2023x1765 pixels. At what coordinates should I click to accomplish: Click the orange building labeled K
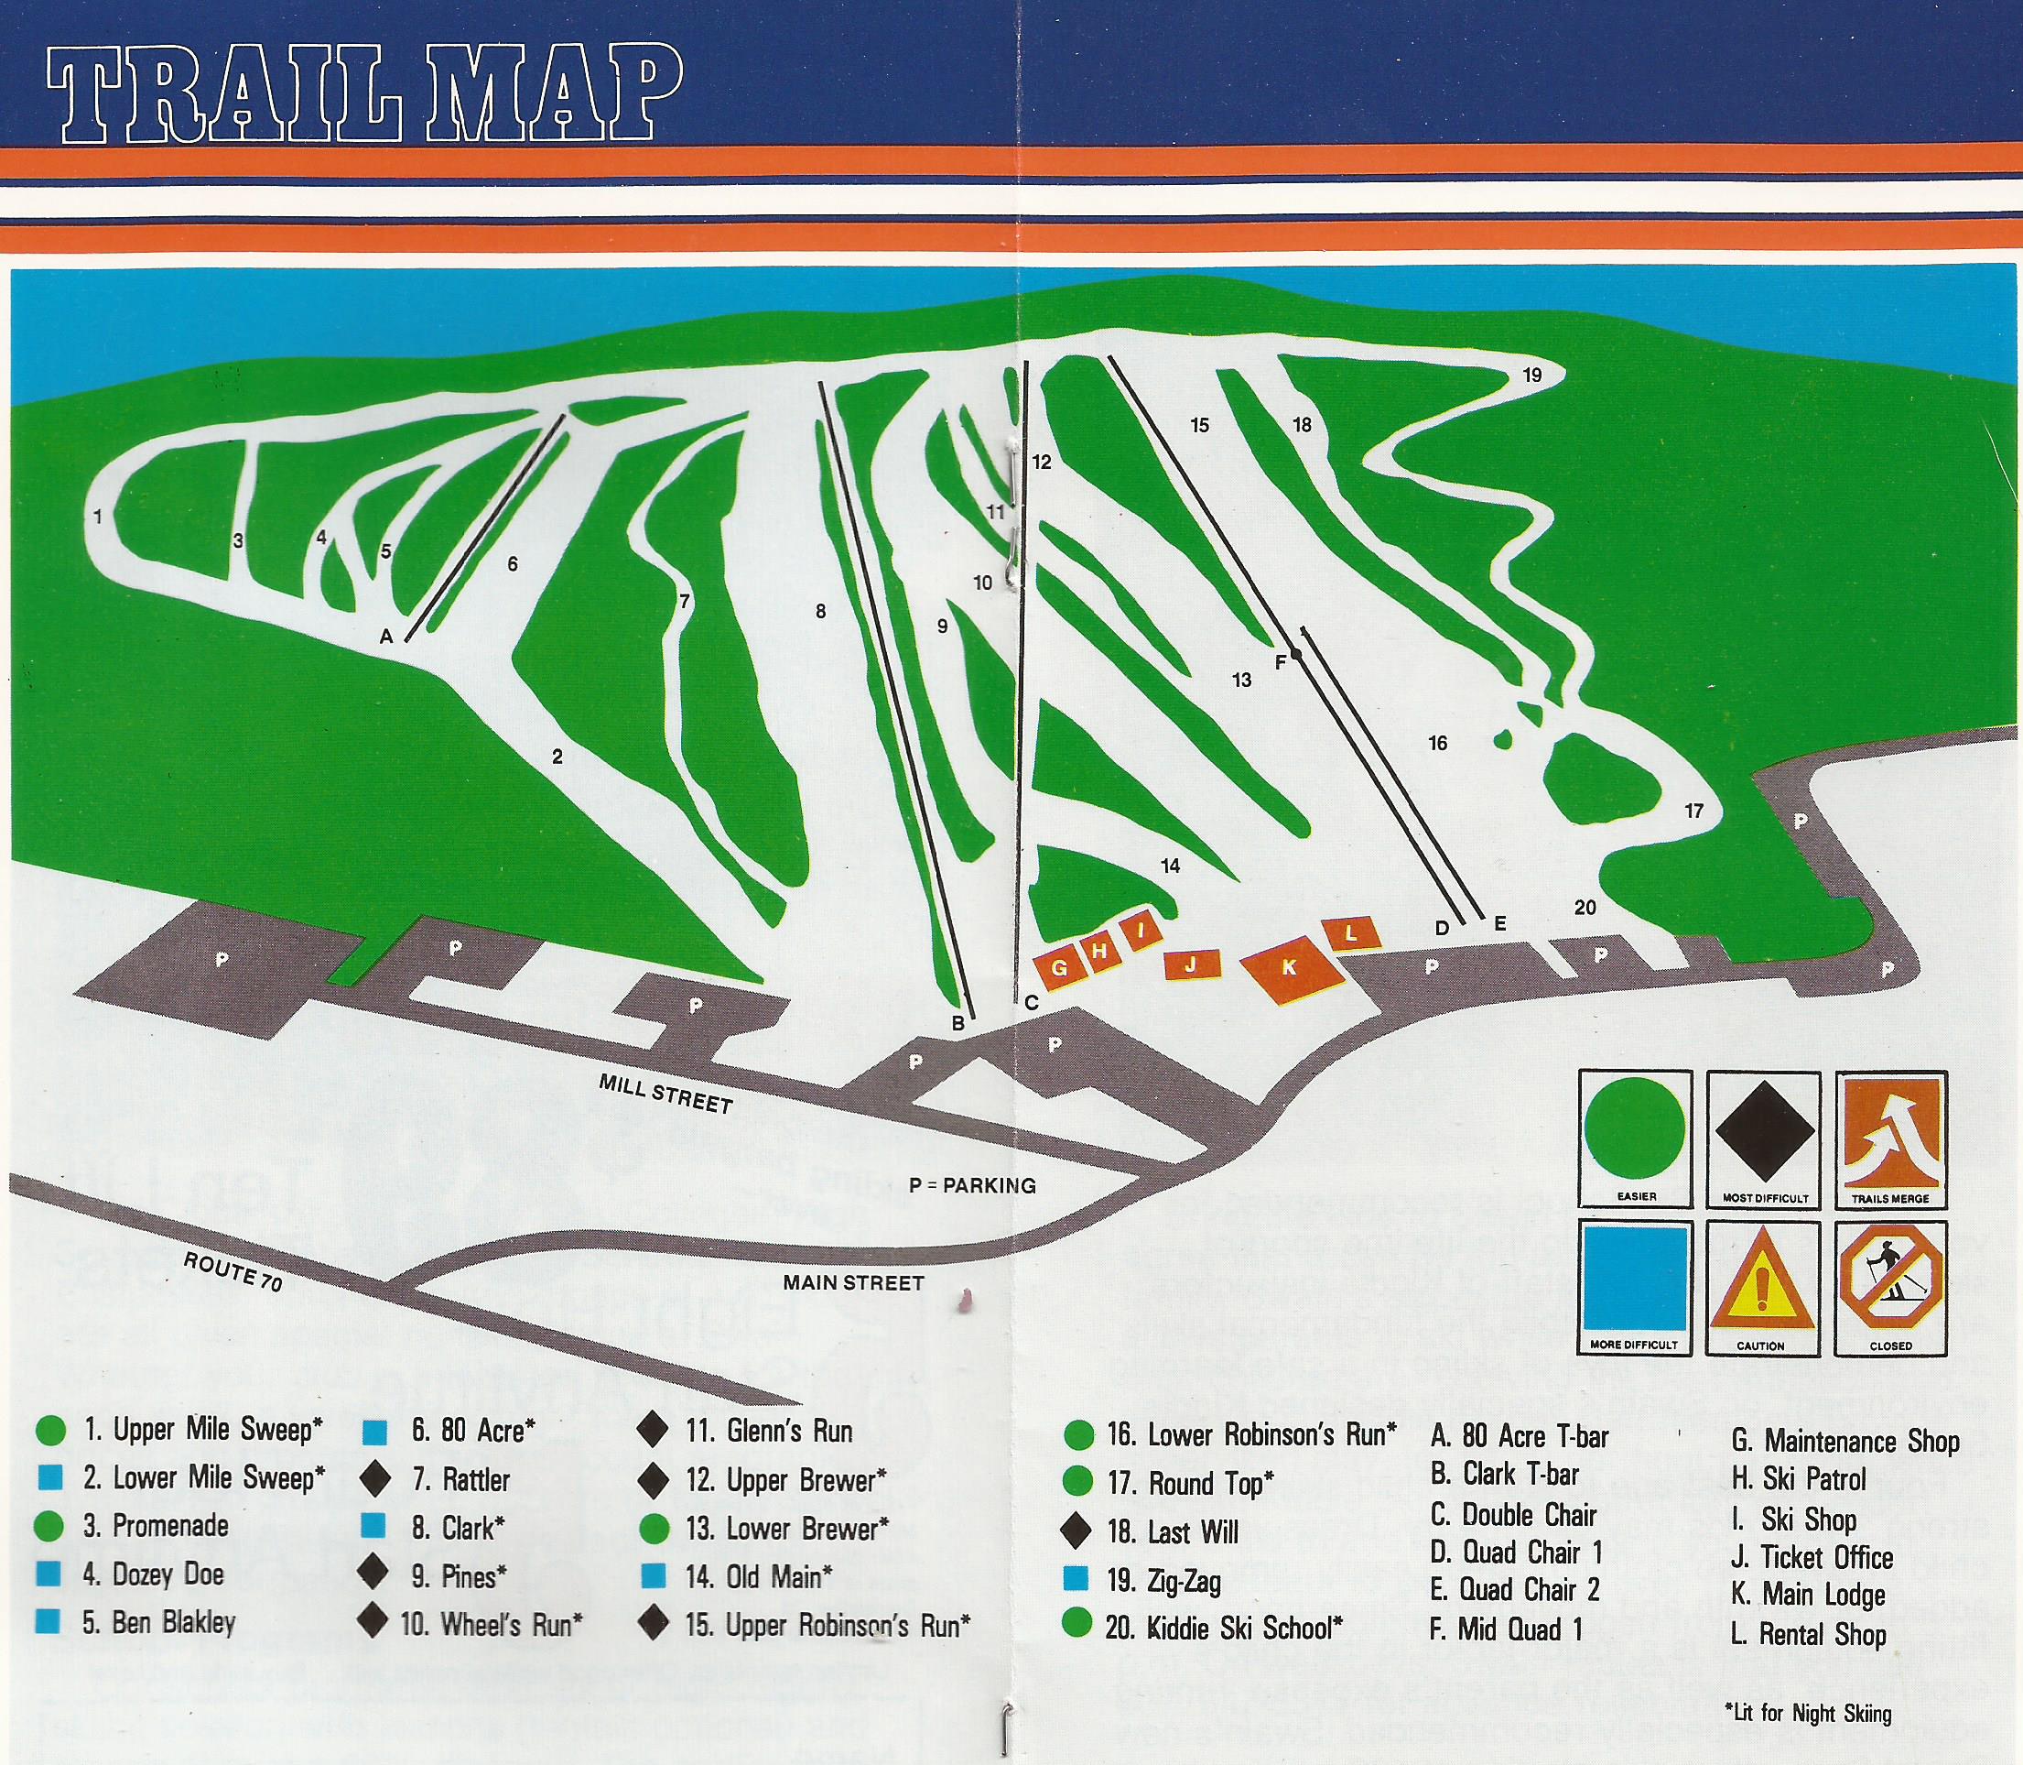(x=1290, y=966)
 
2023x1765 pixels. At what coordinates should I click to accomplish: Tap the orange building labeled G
(x=1060, y=966)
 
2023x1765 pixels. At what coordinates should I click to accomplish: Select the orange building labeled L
(x=1352, y=932)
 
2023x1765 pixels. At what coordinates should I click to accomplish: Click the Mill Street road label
(x=666, y=1095)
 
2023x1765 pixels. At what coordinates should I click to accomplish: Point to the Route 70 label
(x=233, y=1271)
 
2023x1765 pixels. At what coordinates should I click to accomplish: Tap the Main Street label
(x=853, y=1282)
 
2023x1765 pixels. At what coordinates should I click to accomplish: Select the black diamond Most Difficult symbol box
(x=1763, y=1139)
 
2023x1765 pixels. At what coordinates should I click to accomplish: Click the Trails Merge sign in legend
(x=1890, y=1139)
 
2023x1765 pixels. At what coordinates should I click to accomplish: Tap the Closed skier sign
(x=1890, y=1286)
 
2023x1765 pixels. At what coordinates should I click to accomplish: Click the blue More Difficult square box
(x=1634, y=1286)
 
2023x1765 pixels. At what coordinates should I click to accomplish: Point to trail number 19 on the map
(x=1531, y=376)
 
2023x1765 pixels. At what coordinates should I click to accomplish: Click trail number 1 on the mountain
(x=97, y=516)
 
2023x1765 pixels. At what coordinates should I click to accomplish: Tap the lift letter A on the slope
(x=386, y=637)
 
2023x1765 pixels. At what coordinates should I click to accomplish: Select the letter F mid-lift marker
(x=1280, y=663)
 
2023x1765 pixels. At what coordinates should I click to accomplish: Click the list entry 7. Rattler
(x=460, y=1479)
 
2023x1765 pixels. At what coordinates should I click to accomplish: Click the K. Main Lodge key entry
(x=1807, y=1595)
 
